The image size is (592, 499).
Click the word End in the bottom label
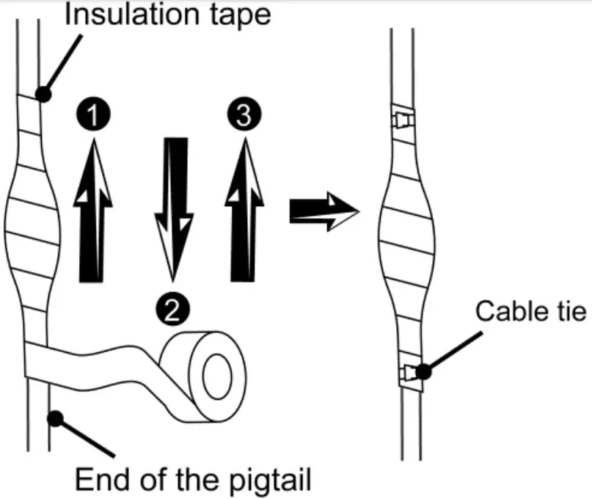point(100,480)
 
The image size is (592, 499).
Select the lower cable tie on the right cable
point(407,374)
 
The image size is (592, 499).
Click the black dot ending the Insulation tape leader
point(43,94)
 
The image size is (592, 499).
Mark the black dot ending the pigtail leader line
point(55,418)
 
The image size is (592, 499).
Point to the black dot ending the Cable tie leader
point(423,371)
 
